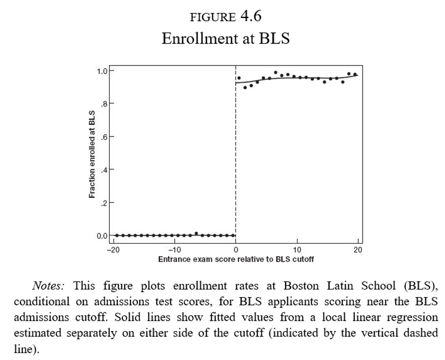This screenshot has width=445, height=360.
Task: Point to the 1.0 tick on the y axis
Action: (101, 70)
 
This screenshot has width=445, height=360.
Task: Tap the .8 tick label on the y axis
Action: (103, 103)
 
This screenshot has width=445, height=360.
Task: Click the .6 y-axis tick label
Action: (103, 137)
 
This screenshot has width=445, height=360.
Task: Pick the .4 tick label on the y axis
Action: (103, 169)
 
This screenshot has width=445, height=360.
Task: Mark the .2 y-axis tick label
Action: (103, 203)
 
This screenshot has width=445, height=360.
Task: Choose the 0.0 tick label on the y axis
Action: (101, 235)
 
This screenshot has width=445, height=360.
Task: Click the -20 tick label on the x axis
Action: (112, 250)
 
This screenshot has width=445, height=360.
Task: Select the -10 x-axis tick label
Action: (174, 250)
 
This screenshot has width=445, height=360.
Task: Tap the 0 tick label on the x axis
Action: (235, 250)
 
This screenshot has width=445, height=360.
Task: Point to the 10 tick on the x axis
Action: (296, 250)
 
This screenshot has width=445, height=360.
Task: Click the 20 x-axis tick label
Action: (358, 250)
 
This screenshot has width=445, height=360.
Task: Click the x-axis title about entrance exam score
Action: (235, 258)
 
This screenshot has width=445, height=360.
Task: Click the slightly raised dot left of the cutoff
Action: (197, 233)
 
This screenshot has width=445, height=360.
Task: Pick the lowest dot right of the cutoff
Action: (245, 87)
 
